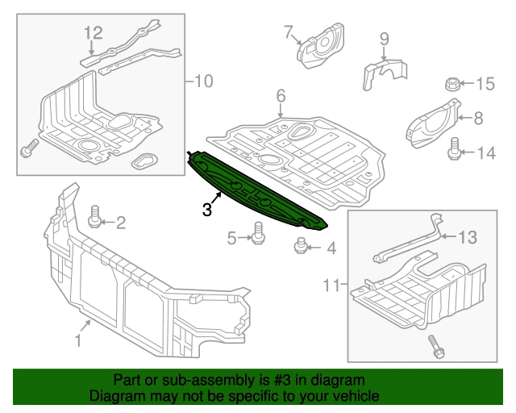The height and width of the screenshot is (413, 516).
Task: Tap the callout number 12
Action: pos(94,33)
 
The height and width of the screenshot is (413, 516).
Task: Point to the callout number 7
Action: pos(288,32)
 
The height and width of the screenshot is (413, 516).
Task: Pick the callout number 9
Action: pos(384,38)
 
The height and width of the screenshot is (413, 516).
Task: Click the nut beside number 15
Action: pos(452,83)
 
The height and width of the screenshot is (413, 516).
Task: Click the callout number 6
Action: pos(281,97)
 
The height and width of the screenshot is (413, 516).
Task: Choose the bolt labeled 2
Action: pos(94,216)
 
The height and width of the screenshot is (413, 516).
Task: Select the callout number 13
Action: pos(468,237)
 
